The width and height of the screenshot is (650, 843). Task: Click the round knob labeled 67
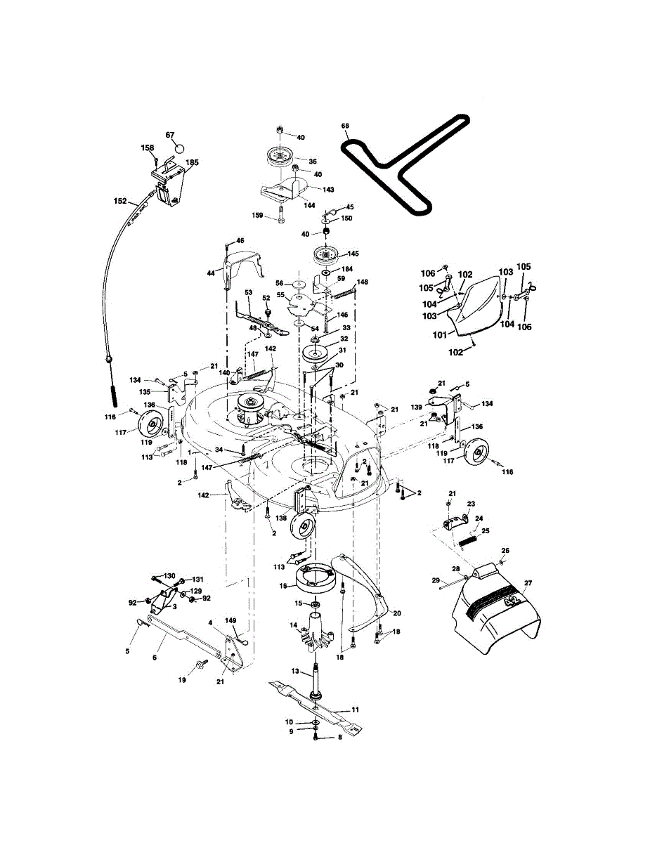tap(178, 149)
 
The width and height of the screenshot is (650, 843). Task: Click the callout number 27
tap(528, 583)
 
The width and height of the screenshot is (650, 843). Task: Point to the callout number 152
tap(120, 201)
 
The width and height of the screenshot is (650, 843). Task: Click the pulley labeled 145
tap(327, 253)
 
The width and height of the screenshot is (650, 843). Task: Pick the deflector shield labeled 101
tap(481, 303)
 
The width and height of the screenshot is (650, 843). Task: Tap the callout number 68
tap(345, 126)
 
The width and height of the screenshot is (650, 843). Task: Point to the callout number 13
tap(295, 672)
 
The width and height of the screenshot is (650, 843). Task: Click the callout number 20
tap(397, 613)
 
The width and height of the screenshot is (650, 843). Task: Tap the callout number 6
tap(155, 658)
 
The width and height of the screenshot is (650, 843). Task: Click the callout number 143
tap(328, 189)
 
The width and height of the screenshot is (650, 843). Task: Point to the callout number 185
tap(192, 162)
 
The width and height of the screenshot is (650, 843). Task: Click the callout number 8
tap(339, 737)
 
